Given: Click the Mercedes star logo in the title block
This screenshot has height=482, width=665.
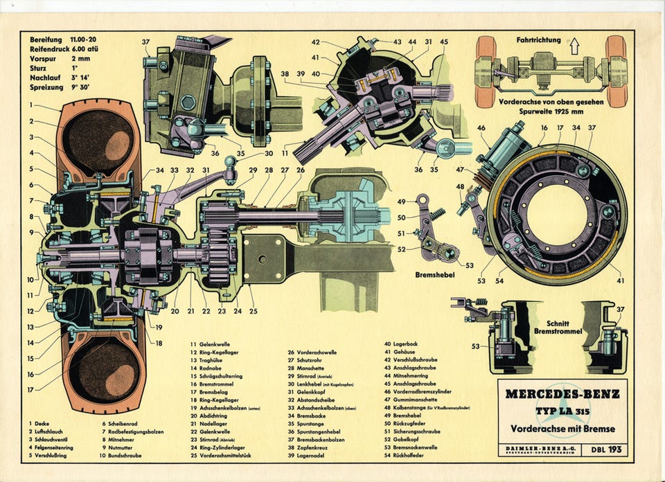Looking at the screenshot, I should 562,402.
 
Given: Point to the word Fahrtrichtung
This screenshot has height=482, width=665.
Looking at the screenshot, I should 538,40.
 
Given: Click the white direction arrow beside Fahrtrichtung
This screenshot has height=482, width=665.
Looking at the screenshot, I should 574,47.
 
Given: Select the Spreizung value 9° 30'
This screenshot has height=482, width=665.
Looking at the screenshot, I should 85,88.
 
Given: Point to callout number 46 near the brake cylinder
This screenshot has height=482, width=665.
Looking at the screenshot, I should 482,127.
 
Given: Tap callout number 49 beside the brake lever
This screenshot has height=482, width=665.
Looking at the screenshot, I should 401,202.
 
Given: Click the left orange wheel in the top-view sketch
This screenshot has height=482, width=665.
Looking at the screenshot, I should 486,71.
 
